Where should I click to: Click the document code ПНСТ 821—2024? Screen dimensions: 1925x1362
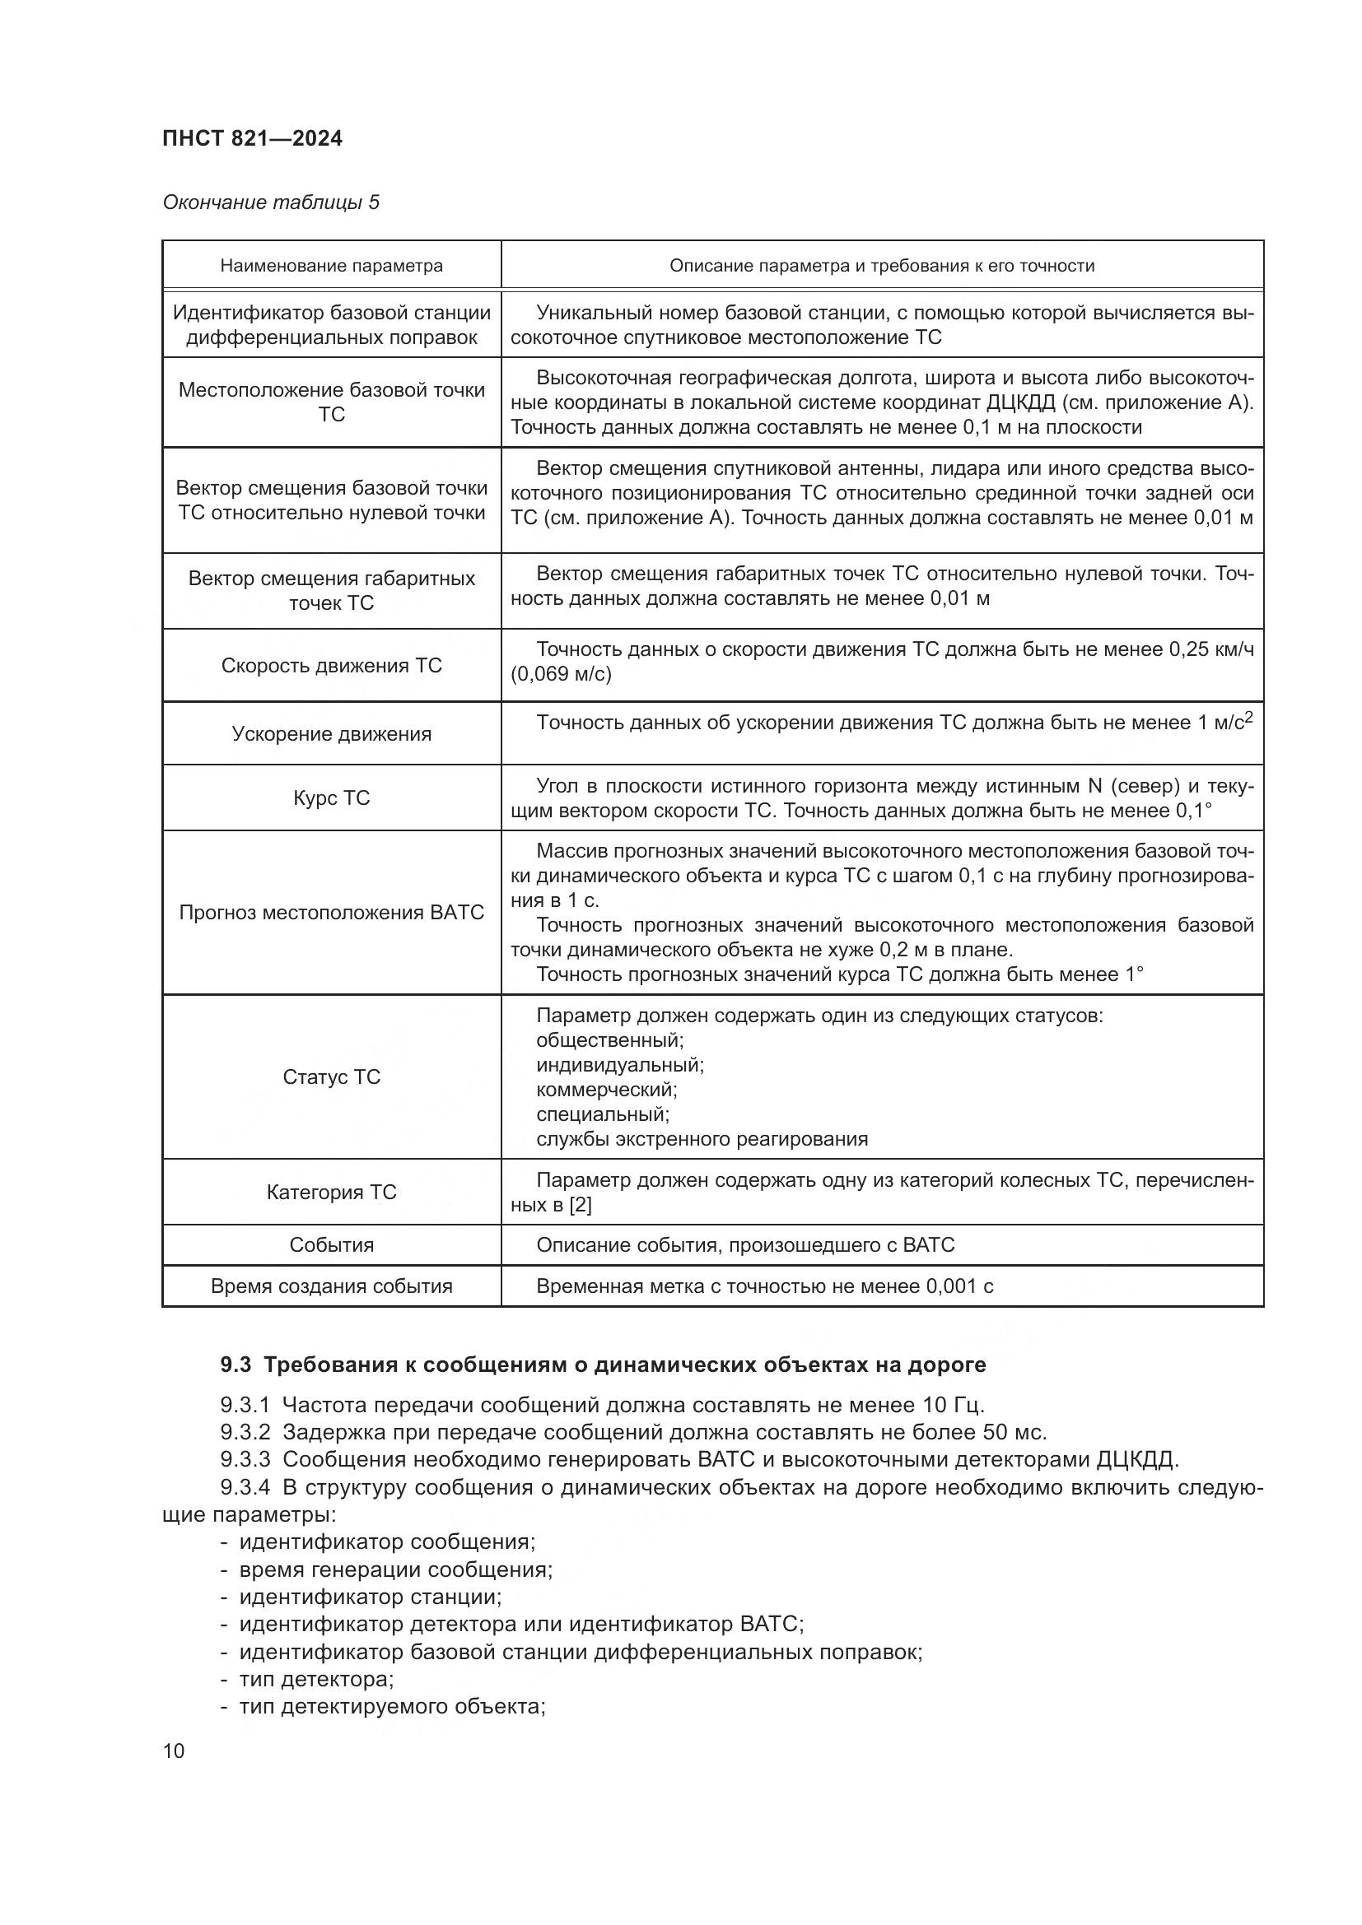253,138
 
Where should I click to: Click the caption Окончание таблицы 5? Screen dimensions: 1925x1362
271,202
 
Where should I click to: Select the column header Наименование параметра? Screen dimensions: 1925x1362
331,266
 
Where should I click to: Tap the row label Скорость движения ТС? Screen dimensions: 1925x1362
331,666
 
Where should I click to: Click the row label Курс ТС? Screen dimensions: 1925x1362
331,798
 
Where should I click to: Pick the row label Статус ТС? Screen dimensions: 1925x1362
331,1077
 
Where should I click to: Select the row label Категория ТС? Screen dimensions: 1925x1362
331,1193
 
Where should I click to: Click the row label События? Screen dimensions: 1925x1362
331,1245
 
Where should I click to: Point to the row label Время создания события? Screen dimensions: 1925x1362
331,1286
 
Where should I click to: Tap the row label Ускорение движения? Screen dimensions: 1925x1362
331,734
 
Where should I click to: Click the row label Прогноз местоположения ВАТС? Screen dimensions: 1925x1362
331,913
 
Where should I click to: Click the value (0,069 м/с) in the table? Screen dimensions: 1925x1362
561,674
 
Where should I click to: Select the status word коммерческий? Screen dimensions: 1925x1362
606,1090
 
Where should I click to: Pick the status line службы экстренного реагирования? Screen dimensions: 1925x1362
702,1139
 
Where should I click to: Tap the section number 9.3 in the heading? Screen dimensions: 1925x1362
236,1365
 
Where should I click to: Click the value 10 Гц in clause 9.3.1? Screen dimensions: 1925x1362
955,1405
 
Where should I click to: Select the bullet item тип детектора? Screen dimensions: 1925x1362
316,1680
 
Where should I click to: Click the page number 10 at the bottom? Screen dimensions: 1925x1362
174,1751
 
